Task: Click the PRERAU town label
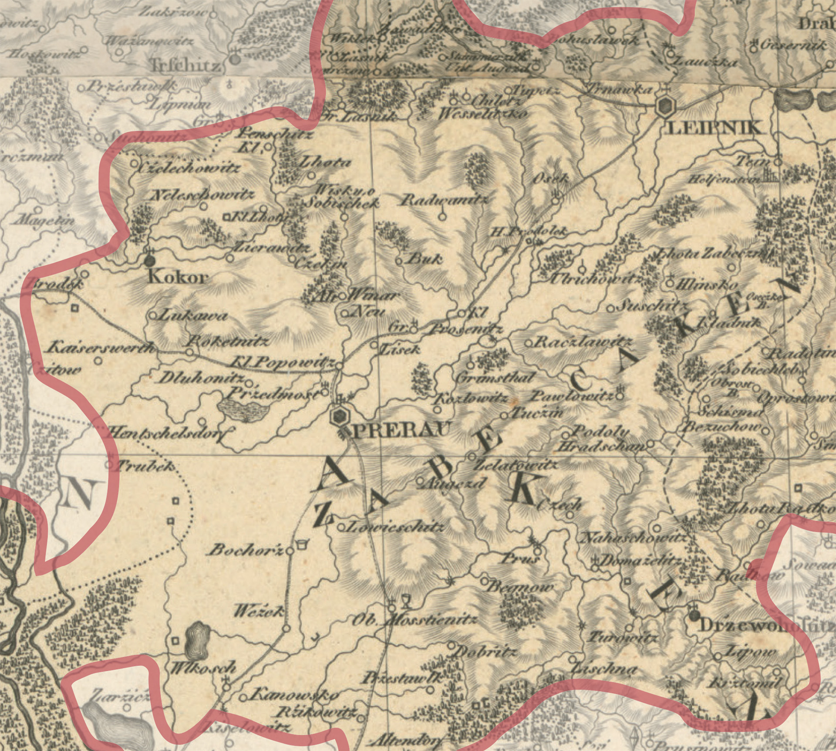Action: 398,431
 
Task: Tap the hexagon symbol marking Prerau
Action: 339,417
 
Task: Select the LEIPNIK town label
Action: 715,128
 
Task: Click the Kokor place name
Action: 178,277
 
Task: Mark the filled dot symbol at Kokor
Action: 150,261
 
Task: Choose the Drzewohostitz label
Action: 766,626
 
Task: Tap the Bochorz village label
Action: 246,551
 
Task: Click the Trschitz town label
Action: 185,66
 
